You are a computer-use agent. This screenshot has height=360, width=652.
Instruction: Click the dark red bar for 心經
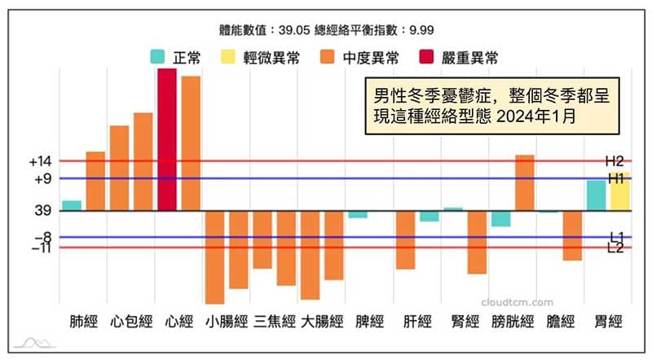[x=166, y=139]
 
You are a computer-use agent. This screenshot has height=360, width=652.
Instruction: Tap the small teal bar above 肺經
[x=72, y=205]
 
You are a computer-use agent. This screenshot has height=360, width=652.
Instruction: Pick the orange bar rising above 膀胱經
[x=524, y=182]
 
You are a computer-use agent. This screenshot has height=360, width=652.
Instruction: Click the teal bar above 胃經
[x=597, y=195]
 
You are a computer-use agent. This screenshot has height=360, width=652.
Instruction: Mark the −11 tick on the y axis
[x=40, y=248]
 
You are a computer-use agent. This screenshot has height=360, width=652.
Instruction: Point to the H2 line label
[x=614, y=160]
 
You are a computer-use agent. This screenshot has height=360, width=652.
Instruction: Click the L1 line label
[x=615, y=237]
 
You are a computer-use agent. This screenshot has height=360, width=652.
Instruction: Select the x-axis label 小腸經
[x=226, y=321]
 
